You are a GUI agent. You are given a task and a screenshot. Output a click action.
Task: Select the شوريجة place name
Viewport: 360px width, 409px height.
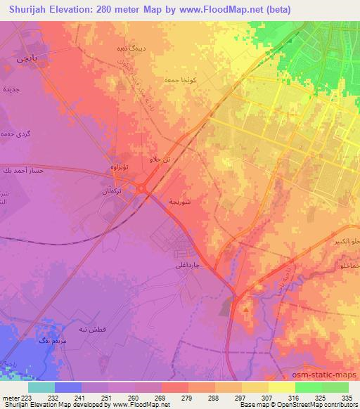pos(180,202)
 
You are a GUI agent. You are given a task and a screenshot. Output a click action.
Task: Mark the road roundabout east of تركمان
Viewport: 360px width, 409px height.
pos(142,188)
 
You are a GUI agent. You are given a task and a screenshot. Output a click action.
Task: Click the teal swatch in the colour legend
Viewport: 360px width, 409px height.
pos(41,387)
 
